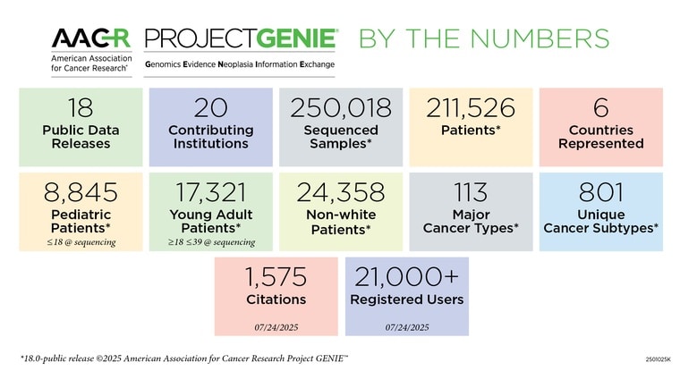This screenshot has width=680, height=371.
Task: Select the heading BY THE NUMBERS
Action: click(x=484, y=38)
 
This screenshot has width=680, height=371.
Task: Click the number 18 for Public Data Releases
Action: click(x=81, y=108)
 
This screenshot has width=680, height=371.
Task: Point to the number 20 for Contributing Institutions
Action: click(x=211, y=108)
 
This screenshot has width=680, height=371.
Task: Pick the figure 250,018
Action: click(x=341, y=108)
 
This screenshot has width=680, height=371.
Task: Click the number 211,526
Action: click(x=471, y=108)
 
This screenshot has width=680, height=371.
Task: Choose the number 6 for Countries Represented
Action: click(x=600, y=108)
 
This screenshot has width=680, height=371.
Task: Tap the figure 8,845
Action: click(x=81, y=192)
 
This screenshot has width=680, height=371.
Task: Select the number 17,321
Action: click(x=211, y=192)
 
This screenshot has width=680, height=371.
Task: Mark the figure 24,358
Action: click(x=341, y=192)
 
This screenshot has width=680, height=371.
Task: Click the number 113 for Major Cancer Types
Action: click(x=471, y=192)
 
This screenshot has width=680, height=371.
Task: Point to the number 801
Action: click(x=600, y=192)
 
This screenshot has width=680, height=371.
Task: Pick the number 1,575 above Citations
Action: click(x=276, y=276)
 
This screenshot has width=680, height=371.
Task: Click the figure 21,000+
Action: click(x=406, y=276)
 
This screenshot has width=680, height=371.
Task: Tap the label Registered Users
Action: click(x=406, y=299)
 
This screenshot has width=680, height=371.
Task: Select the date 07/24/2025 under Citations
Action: click(x=276, y=327)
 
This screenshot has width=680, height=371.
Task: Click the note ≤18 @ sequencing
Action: click(x=81, y=241)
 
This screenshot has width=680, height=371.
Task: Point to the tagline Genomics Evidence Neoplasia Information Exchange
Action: click(x=240, y=65)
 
